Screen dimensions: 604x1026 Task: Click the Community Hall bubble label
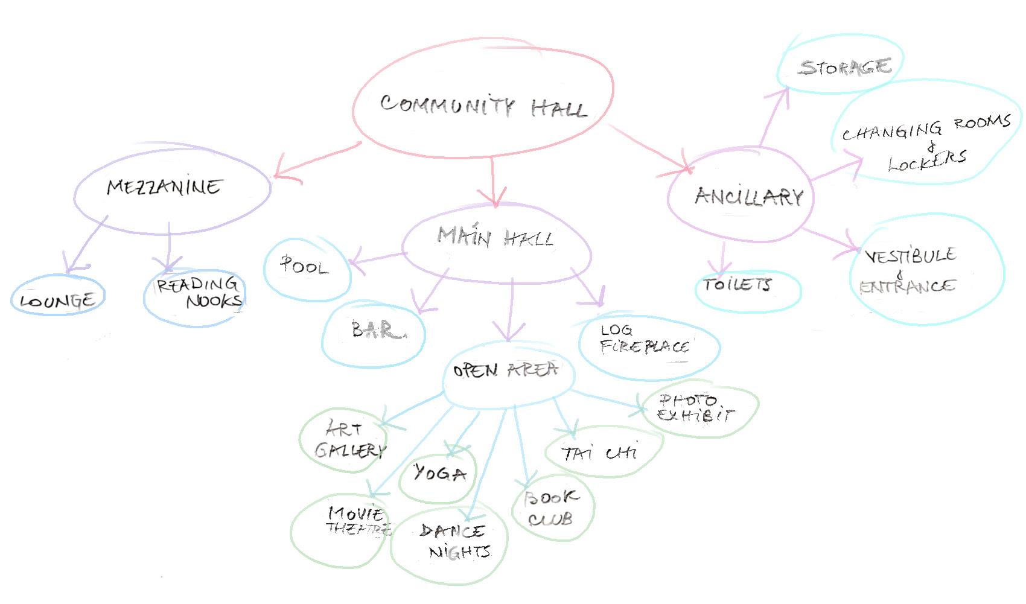pyautogui.click(x=483, y=106)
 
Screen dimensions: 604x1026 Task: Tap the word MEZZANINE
pyautogui.click(x=164, y=187)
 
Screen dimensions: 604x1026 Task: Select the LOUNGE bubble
pyautogui.click(x=57, y=299)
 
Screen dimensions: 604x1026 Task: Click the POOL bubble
pyautogui.click(x=304, y=266)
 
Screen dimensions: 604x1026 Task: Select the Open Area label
pyautogui.click(x=505, y=370)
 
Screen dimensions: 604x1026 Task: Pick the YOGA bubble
pyautogui.click(x=439, y=473)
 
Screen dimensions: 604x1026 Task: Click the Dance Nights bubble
pyautogui.click(x=454, y=541)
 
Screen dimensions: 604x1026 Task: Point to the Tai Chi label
pyautogui.click(x=599, y=453)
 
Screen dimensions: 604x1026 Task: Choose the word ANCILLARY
pyautogui.click(x=748, y=197)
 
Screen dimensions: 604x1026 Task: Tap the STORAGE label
pyautogui.click(x=845, y=67)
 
